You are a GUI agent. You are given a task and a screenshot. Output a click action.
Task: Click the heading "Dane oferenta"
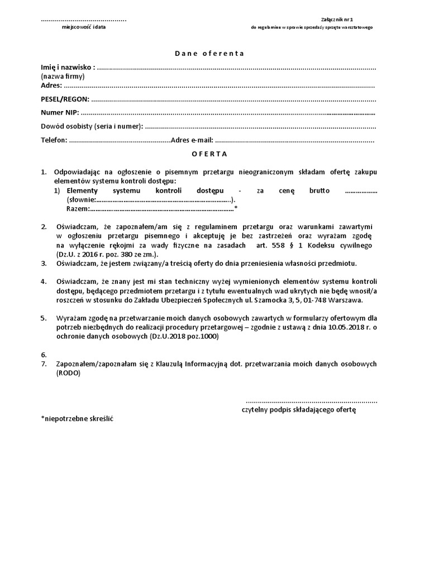tap(209, 54)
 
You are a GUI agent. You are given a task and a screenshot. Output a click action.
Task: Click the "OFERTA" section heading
tap(209, 153)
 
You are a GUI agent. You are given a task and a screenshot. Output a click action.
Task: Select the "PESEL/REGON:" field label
tap(65, 99)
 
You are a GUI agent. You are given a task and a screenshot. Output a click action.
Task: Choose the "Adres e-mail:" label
tap(192, 140)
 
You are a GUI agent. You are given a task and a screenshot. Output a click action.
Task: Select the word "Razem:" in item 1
tap(78, 208)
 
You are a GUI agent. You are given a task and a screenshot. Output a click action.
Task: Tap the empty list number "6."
tap(44, 355)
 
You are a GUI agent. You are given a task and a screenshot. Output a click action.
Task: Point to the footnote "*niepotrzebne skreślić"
tap(77, 418)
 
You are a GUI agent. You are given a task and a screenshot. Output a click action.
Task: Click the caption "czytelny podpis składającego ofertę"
tap(299, 409)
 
